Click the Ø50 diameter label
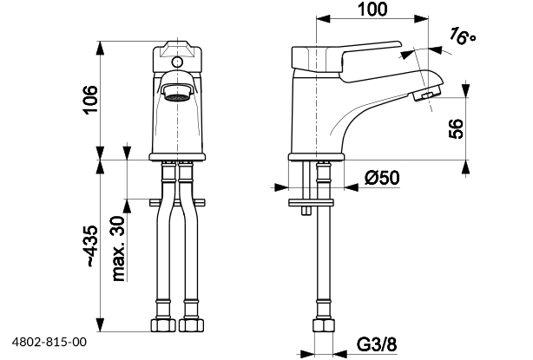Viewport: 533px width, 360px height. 381,178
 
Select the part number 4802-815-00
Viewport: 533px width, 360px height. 49,344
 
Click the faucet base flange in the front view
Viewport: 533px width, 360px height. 180,155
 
